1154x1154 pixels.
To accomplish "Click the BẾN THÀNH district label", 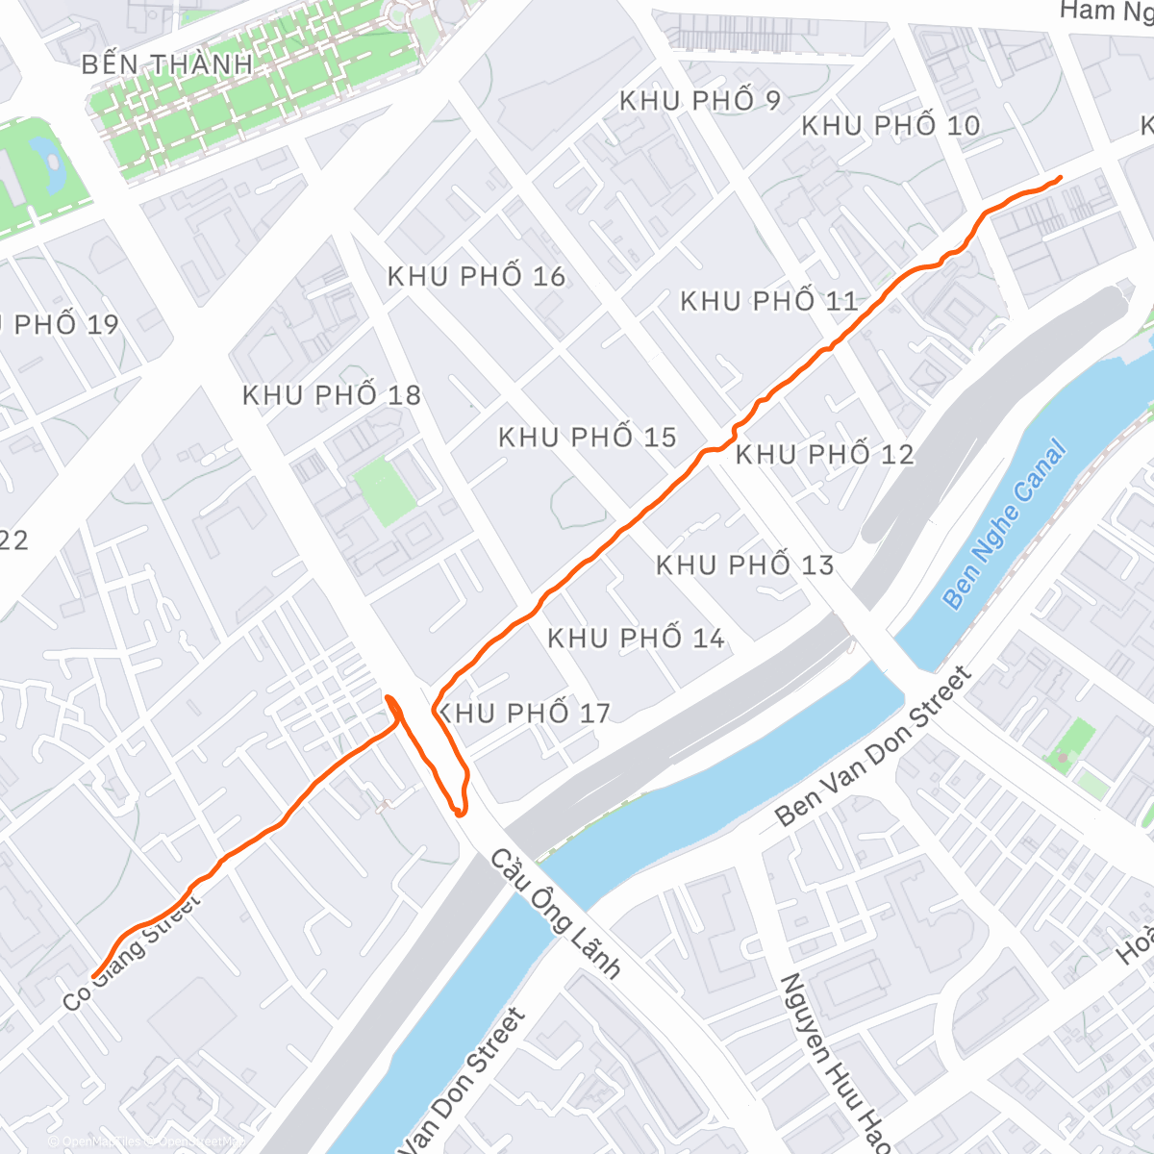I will [166, 65].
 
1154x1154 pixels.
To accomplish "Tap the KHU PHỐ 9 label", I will [700, 101].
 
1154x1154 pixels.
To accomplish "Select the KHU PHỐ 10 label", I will [891, 126].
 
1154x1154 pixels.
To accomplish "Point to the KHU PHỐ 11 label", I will [769, 302].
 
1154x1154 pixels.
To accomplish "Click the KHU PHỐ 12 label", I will [824, 455].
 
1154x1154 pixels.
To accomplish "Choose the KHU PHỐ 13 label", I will [744, 565].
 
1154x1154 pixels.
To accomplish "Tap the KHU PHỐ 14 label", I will [636, 639].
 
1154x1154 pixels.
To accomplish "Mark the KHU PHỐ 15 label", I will [588, 439].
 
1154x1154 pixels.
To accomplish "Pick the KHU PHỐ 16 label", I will [476, 277].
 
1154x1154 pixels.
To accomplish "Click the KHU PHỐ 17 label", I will [525, 714].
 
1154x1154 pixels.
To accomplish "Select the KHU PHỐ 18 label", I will [332, 395].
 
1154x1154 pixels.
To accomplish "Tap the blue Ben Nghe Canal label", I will [1004, 524].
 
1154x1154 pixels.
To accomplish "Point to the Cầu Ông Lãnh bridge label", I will [556, 913].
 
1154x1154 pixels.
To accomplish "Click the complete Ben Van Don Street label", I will [874, 746].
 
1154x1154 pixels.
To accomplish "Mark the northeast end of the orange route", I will [1060, 178].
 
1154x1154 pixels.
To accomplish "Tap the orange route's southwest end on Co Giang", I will [94, 976].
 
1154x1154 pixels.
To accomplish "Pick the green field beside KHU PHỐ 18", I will [385, 490].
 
